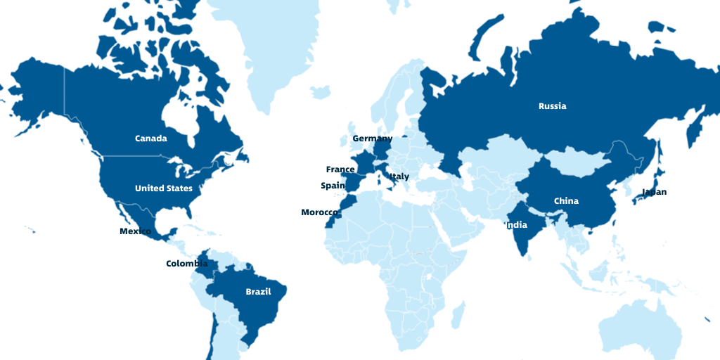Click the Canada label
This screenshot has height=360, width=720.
click(x=151, y=139)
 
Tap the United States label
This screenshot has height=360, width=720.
click(x=164, y=188)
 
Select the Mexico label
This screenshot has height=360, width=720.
click(x=135, y=231)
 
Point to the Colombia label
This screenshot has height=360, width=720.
click(x=186, y=264)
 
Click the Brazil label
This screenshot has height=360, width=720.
click(x=257, y=291)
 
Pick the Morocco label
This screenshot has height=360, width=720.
click(x=320, y=212)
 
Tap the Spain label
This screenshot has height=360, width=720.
click(x=333, y=186)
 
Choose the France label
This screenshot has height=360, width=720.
click(x=340, y=169)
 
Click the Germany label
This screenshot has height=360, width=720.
click(x=372, y=139)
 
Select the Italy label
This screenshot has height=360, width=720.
click(x=399, y=176)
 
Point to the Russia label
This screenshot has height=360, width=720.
click(x=552, y=106)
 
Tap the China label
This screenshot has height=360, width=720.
click(x=566, y=201)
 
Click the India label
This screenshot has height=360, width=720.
click(x=516, y=226)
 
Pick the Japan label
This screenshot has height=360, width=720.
click(x=654, y=192)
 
